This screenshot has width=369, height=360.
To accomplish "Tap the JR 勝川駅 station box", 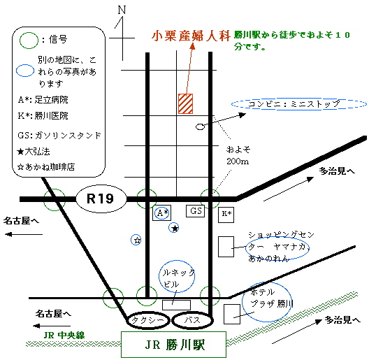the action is (x=173, y=345).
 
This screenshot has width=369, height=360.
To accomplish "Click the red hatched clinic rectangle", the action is (x=185, y=104).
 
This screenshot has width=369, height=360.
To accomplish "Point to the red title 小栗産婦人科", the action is (x=191, y=36).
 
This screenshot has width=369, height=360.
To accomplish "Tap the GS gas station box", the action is (x=195, y=211).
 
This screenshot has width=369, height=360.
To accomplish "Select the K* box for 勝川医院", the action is (x=226, y=215).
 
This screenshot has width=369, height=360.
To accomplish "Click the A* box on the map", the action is (x=161, y=213).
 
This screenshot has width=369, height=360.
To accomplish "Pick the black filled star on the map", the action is (x=175, y=228).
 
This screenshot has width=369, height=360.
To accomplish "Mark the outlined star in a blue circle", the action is (x=136, y=240).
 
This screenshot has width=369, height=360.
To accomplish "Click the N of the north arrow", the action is (x=122, y=10).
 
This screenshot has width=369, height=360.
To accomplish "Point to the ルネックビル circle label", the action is (x=177, y=276).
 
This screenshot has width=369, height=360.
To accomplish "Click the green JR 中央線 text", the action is (x=64, y=336).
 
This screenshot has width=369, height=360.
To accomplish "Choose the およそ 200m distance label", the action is (x=238, y=155).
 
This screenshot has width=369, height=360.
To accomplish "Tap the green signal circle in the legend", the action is (x=29, y=41).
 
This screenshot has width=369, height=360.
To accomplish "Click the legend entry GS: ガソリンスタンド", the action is (x=59, y=136).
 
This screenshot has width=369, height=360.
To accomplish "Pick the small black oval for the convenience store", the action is (x=200, y=127).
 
